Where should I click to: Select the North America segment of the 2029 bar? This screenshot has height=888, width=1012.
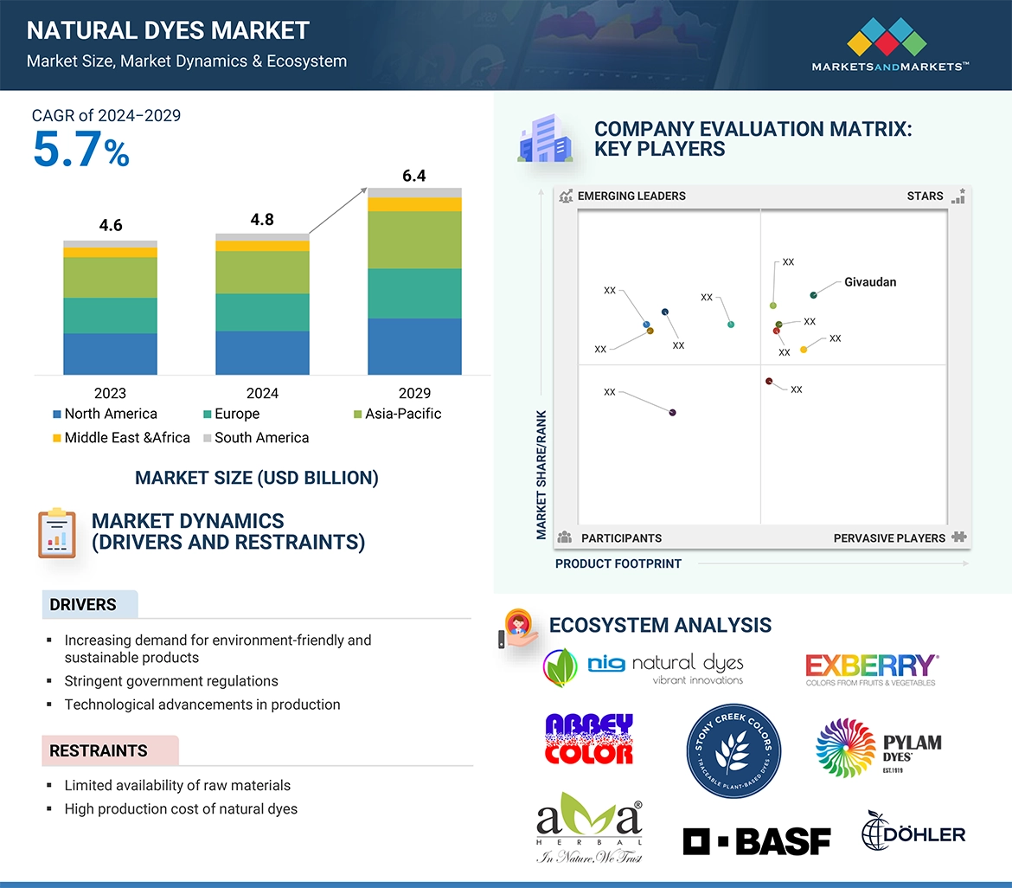tap(414, 346)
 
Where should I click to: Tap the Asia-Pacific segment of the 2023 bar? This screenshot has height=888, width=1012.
tap(110, 278)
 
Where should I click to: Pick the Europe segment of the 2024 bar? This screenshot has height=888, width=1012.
tap(262, 312)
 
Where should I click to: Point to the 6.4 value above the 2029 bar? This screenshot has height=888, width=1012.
tap(414, 176)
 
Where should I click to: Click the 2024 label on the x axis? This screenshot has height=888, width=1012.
tap(262, 393)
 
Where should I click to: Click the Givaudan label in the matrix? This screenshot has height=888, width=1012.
tap(870, 282)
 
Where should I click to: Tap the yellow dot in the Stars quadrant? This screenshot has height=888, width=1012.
tap(804, 350)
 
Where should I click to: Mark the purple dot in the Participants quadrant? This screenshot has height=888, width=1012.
tap(672, 413)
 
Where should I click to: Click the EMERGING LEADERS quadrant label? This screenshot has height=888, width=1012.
tap(631, 196)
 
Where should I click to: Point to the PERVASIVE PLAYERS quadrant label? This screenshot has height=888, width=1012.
tap(889, 538)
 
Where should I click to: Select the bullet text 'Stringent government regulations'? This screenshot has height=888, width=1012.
tap(171, 681)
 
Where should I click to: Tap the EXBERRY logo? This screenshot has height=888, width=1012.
tap(871, 669)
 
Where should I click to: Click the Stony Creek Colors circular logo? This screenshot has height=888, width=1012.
tap(733, 750)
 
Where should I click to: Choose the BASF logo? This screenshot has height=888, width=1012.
tap(757, 840)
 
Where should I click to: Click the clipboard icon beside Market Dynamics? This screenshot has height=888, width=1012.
tap(57, 533)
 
